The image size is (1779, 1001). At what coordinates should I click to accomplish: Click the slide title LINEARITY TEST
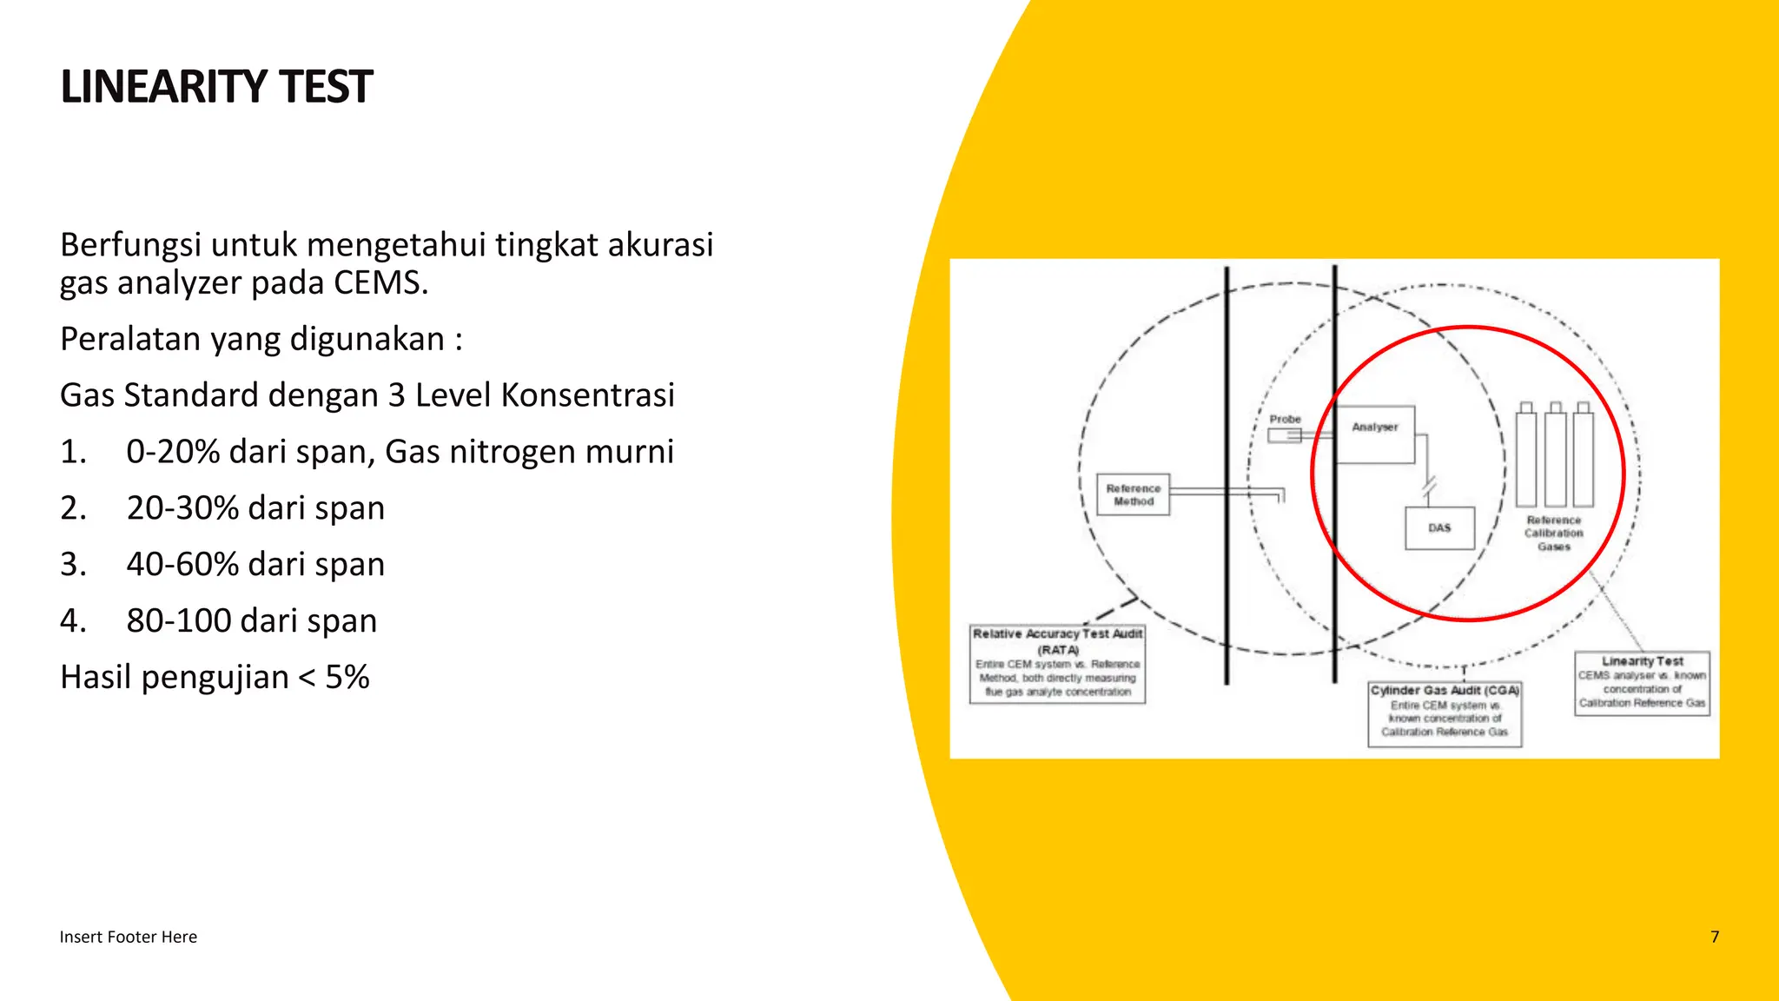pyautogui.click(x=216, y=87)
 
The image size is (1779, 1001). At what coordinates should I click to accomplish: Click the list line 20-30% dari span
pyautogui.click(x=255, y=508)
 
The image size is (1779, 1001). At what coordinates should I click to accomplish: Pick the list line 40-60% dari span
pyautogui.click(x=255, y=565)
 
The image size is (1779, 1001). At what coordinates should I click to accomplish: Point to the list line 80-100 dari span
pyautogui.click(x=251, y=621)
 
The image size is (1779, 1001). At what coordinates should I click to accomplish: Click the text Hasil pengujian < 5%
pyautogui.click(x=215, y=677)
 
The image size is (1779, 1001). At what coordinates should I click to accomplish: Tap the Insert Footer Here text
pyautogui.click(x=128, y=937)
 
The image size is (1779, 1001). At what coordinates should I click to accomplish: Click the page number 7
pyautogui.click(x=1715, y=937)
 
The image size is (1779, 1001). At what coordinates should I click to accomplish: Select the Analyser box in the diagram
pyautogui.click(x=1375, y=434)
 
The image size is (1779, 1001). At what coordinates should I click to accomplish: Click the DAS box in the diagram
pyautogui.click(x=1439, y=528)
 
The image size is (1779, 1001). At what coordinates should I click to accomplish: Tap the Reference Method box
pyautogui.click(x=1133, y=495)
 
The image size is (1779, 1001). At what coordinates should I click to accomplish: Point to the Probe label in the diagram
pyautogui.click(x=1285, y=420)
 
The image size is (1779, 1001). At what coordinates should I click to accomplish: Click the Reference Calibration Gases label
pyautogui.click(x=1554, y=534)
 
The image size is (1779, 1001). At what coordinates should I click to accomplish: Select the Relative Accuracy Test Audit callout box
pyautogui.click(x=1057, y=664)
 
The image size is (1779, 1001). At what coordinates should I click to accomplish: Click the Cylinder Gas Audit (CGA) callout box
pyautogui.click(x=1445, y=713)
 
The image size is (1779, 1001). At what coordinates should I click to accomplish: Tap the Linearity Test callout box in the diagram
pyautogui.click(x=1642, y=684)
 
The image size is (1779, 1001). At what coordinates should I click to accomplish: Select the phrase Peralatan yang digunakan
pyautogui.click(x=252, y=339)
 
